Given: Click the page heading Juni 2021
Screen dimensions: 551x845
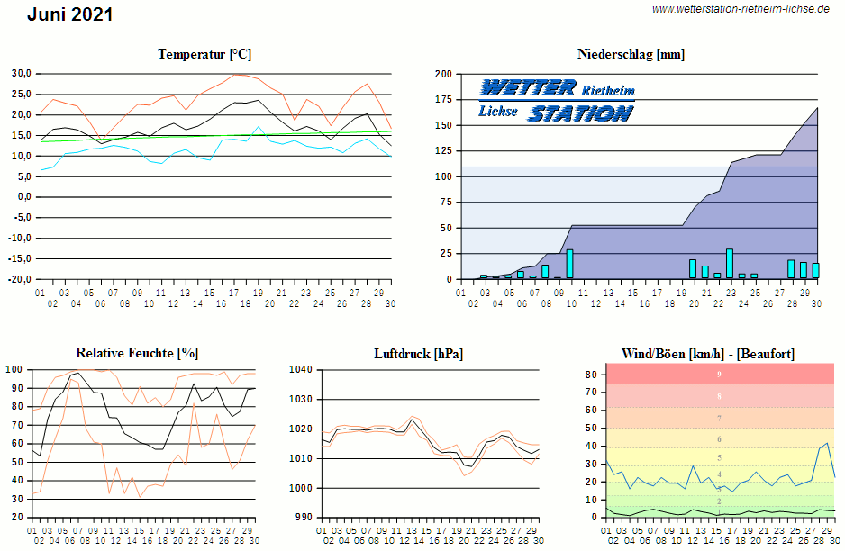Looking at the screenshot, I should tap(70, 14).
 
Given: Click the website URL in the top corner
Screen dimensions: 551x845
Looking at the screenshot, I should tap(740, 9).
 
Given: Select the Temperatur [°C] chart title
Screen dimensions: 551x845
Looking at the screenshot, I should tap(204, 54).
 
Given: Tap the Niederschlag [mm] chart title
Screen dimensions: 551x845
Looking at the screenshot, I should tap(631, 54).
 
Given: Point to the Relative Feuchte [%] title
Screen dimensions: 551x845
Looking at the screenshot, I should tap(137, 352).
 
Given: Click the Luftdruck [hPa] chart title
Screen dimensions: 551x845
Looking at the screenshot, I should tap(418, 354).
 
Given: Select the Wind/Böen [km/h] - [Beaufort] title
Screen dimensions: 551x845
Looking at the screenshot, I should tap(708, 354).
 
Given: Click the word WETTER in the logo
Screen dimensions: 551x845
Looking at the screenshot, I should tap(528, 88).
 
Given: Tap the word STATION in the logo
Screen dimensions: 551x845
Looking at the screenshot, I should tap(579, 113).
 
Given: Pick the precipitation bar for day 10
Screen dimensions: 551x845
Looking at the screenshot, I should tap(569, 264).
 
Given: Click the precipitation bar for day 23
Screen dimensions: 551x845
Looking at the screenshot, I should tap(730, 263).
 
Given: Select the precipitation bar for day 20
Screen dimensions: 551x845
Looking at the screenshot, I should tap(693, 268).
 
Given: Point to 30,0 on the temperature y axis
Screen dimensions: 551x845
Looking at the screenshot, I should tap(22, 73).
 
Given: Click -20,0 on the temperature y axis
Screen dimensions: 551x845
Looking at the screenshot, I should tap(20, 279).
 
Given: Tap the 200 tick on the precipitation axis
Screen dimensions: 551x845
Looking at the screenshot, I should tap(442, 74).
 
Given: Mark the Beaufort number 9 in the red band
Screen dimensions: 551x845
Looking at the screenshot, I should tap(719, 374).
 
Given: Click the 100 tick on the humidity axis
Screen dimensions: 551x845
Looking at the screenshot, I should tap(14, 369).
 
